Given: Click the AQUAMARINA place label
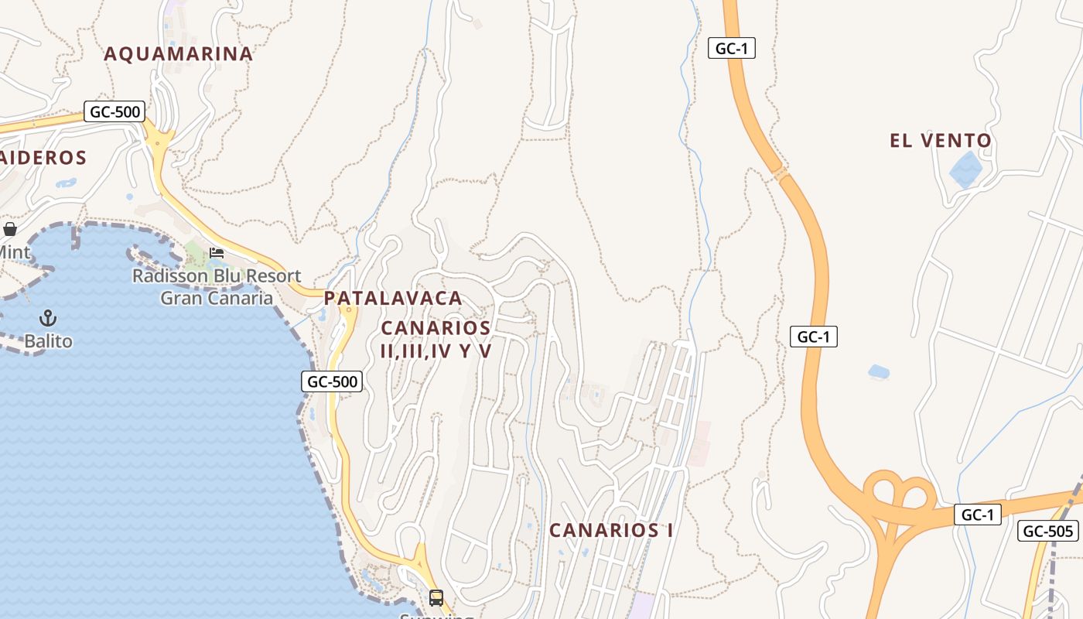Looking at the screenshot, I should click(178, 54).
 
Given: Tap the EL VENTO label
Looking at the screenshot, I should click(940, 141).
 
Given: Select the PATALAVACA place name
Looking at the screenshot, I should click(393, 298).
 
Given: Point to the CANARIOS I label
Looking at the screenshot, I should click(610, 531).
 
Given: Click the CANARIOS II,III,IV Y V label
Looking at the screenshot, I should click(436, 340).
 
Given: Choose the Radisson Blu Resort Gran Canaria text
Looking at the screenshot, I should click(217, 287).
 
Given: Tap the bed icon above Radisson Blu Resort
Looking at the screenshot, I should click(217, 253).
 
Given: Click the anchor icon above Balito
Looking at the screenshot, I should click(48, 318).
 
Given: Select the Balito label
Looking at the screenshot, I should click(48, 341).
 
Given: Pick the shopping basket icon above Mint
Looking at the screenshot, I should click(10, 229).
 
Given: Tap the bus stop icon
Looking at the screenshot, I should click(436, 597).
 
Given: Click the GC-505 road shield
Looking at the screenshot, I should click(1048, 531).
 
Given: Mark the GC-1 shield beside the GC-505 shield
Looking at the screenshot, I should click(977, 515).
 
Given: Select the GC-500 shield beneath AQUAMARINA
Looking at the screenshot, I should click(114, 111).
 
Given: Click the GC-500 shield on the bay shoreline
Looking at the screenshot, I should click(332, 381).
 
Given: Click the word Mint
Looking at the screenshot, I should click(15, 253).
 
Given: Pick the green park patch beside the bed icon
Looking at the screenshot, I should click(194, 251).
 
